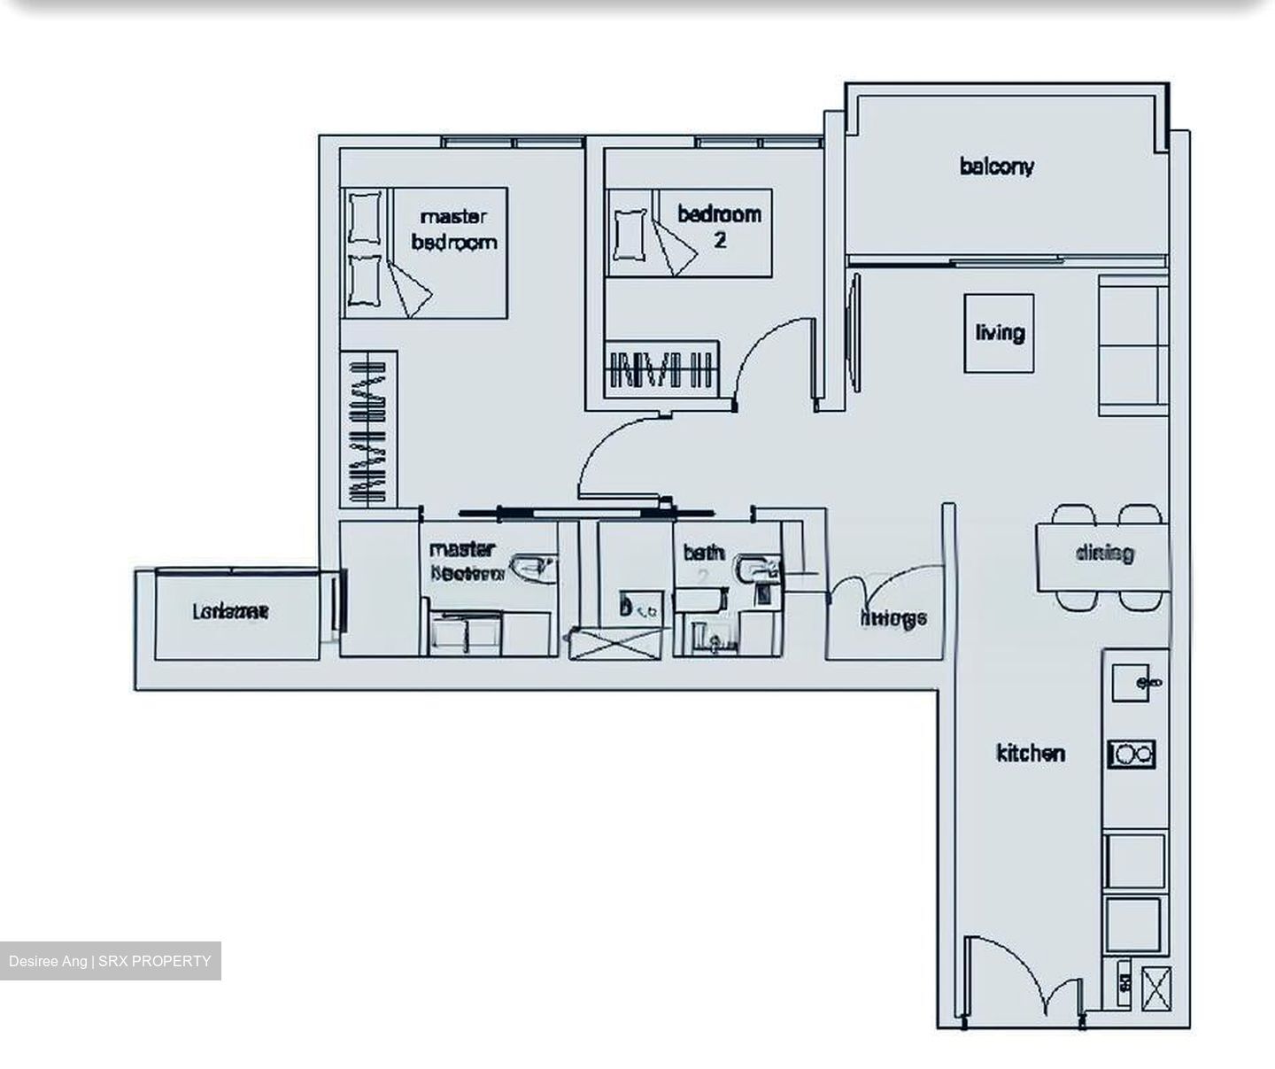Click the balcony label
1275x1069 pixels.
[996, 167]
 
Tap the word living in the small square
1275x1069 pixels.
[1000, 333]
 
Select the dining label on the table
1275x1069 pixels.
[1104, 554]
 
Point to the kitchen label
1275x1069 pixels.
[1031, 754]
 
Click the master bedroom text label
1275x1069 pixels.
[453, 229]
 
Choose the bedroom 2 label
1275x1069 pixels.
[719, 226]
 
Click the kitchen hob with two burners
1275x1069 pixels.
[1132, 755]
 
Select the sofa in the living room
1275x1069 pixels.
[1132, 345]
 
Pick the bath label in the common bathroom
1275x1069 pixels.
[703, 554]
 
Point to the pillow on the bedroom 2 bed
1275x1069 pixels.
[630, 234]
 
